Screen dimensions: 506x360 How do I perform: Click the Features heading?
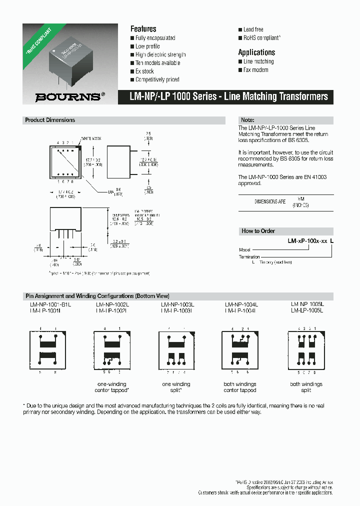click(143, 29)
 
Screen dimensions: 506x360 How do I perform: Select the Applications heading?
click(256, 52)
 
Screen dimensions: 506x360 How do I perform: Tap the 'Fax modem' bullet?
click(256, 70)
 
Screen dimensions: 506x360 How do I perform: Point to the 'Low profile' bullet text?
click(147, 46)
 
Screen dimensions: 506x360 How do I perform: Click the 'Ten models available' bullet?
click(157, 63)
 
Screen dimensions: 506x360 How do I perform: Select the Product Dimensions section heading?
click(50, 120)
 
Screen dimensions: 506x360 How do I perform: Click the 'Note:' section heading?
click(248, 120)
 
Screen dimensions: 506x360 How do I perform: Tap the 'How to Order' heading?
click(258, 231)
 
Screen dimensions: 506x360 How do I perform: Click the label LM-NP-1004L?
click(241, 304)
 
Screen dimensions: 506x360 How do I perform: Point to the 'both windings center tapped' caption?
click(240, 387)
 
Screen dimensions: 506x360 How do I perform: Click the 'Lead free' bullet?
click(253, 29)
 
